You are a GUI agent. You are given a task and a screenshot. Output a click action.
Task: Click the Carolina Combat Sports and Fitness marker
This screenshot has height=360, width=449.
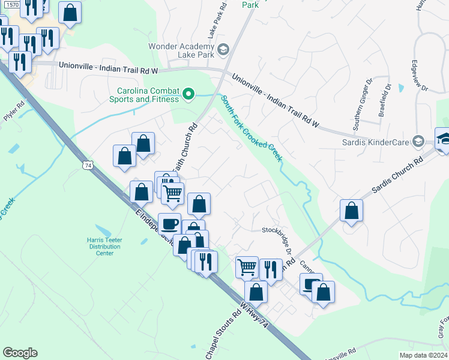coord(188,94)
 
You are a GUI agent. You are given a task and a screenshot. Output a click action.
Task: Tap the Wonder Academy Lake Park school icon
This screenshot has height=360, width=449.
coord(223,49)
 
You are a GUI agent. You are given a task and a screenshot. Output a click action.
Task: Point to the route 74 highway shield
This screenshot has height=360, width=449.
coord(88,165)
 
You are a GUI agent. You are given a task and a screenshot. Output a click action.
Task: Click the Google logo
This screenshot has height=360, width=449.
coord(20,353)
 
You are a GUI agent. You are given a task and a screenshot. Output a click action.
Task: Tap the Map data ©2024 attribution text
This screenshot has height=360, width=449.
coord(422,355)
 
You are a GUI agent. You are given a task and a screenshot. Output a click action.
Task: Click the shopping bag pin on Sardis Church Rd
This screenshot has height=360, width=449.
coord(351,211)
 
